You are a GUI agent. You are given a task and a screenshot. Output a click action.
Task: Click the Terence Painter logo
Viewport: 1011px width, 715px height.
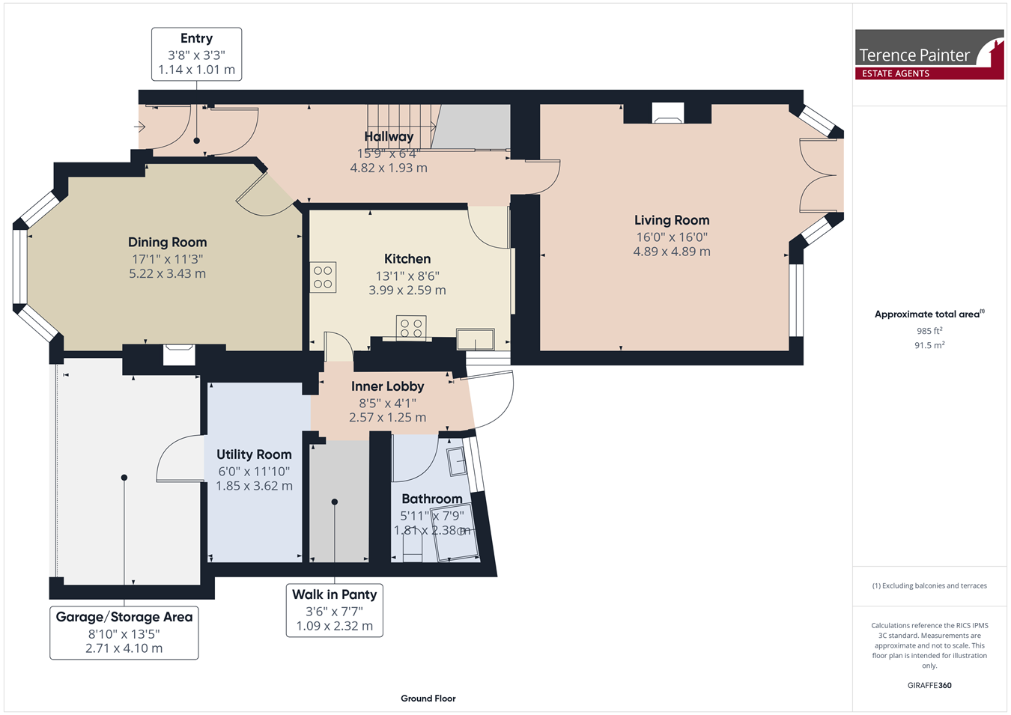click(x=929, y=55)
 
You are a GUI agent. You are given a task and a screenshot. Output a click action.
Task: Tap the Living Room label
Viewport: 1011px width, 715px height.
click(x=672, y=220)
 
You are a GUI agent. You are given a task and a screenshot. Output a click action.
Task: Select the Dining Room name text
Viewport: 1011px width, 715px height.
click(x=168, y=243)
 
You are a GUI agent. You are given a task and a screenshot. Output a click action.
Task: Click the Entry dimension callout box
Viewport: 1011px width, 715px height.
click(x=196, y=54)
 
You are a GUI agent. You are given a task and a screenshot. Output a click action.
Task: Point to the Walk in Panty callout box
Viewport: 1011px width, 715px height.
click(x=335, y=610)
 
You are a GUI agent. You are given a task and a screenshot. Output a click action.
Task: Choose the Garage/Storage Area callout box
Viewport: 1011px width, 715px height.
click(x=124, y=633)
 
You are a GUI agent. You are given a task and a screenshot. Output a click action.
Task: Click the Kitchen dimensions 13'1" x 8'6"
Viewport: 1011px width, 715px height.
click(x=407, y=276)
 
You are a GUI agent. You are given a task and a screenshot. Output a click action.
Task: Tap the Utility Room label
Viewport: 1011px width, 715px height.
click(x=254, y=454)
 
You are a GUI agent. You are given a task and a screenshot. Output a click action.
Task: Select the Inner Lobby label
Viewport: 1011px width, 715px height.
click(x=388, y=386)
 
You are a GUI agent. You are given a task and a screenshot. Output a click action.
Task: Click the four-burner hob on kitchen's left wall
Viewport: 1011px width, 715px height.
click(x=323, y=277)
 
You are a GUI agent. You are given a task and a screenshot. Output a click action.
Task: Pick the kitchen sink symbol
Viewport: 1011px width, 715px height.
click(x=476, y=339)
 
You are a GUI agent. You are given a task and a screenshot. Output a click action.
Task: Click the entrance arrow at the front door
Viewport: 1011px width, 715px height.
click(x=140, y=127)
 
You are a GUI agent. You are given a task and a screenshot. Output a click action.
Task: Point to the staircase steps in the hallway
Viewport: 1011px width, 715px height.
click(x=401, y=127)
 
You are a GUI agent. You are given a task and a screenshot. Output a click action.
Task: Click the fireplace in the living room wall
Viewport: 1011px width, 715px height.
click(x=668, y=114)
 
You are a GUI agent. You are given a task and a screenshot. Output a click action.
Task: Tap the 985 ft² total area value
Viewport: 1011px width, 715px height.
click(x=929, y=331)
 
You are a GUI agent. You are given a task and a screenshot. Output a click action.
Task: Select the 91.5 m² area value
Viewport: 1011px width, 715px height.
click(x=929, y=345)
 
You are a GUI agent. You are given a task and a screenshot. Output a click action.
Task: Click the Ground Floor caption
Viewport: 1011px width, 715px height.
click(x=428, y=699)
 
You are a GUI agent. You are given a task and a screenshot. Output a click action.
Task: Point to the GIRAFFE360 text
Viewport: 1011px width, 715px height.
click(x=929, y=685)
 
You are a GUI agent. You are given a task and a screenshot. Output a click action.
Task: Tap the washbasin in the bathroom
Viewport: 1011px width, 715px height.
click(x=457, y=461)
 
